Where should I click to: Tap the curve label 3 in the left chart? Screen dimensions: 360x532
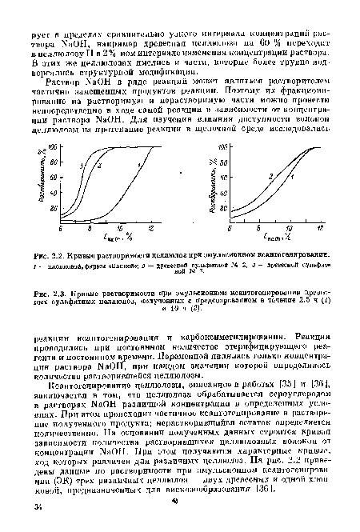click(x=82, y=166)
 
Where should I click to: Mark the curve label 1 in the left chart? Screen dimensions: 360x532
click(x=138, y=166)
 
